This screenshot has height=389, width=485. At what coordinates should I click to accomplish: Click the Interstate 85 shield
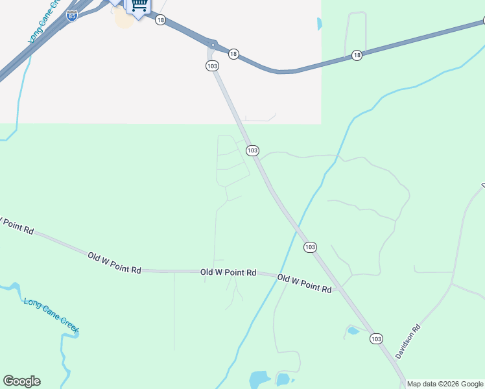pyautogui.click(x=73, y=16)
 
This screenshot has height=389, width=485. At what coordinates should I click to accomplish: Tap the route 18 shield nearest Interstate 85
pyautogui.click(x=161, y=20)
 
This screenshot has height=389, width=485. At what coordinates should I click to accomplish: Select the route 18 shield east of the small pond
pyautogui.click(x=357, y=56)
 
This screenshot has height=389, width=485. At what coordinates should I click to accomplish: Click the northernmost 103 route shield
pyautogui.click(x=212, y=66)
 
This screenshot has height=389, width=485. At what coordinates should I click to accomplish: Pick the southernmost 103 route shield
pyautogui.click(x=377, y=338)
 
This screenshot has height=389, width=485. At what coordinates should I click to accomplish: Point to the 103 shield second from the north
pyautogui.click(x=252, y=150)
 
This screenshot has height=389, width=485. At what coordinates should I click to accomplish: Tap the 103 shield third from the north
pyautogui.click(x=310, y=247)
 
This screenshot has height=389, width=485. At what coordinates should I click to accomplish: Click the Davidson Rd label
pyautogui.click(x=407, y=341)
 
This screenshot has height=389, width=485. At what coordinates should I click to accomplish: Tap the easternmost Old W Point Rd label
pyautogui.click(x=305, y=283)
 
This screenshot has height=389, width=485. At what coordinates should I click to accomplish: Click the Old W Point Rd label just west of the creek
pyautogui.click(x=228, y=273)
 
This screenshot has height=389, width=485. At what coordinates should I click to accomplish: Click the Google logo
pyautogui.click(x=21, y=381)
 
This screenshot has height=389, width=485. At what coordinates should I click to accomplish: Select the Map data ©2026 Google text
pyautogui.click(x=445, y=384)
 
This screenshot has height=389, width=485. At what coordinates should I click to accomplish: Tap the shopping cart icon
pyautogui.click(x=138, y=6)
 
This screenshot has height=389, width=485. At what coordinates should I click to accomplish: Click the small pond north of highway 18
pyautogui.click(x=319, y=24)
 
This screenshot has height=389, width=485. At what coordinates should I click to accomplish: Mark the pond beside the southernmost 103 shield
pyautogui.click(x=353, y=331)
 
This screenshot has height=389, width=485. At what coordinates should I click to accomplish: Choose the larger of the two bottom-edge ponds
pyautogui.click(x=259, y=379)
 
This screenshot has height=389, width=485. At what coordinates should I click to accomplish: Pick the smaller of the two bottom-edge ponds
pyautogui.click(x=283, y=379)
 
